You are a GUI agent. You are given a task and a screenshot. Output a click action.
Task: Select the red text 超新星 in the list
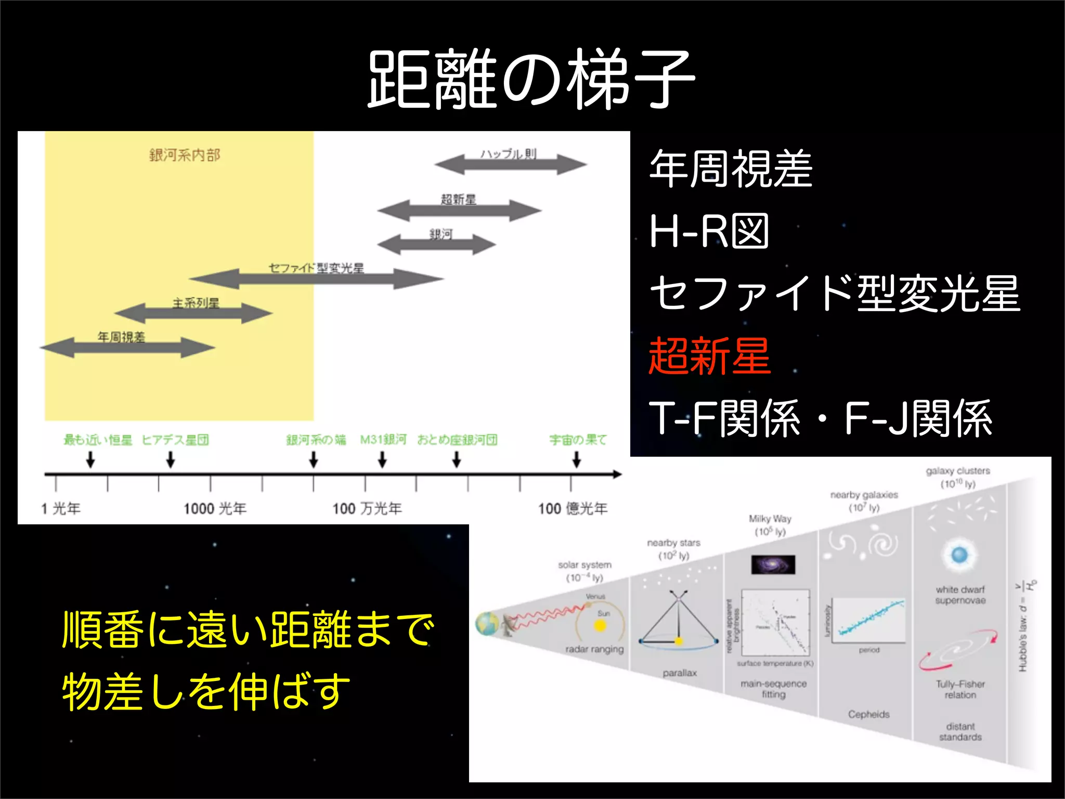pos(709,356)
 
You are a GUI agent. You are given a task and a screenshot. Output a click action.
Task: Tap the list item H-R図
pos(709,231)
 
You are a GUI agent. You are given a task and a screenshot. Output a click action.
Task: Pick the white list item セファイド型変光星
pos(835,293)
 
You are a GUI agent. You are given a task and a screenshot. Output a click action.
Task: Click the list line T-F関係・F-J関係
pos(821,418)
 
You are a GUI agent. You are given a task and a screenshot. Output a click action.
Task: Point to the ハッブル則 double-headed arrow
pos(511,165)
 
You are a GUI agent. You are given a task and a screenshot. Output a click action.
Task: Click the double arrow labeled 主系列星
pos(193,313)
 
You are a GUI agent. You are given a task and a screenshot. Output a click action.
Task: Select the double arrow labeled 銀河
pos(437,244)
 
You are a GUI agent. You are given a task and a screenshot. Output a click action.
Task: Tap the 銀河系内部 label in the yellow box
pos(185,155)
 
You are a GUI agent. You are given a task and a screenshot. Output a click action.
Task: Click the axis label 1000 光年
pos(215,508)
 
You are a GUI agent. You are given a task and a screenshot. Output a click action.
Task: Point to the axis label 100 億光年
pos(573,508)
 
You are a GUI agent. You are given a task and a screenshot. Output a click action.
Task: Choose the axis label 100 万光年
pos(367,508)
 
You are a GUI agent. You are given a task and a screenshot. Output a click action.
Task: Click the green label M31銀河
pos(383,440)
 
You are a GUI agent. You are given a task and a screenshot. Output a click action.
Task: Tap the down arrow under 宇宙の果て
pos(577,460)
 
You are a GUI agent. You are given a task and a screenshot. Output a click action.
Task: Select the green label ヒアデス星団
pos(175,440)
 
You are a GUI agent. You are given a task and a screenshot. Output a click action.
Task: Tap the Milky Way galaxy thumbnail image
pos(773,564)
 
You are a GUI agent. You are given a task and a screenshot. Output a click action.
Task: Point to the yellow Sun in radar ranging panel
pos(600,625)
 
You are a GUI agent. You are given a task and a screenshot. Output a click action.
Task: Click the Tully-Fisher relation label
pos(960,689)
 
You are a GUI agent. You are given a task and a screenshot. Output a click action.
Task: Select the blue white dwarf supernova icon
pos(959,556)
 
